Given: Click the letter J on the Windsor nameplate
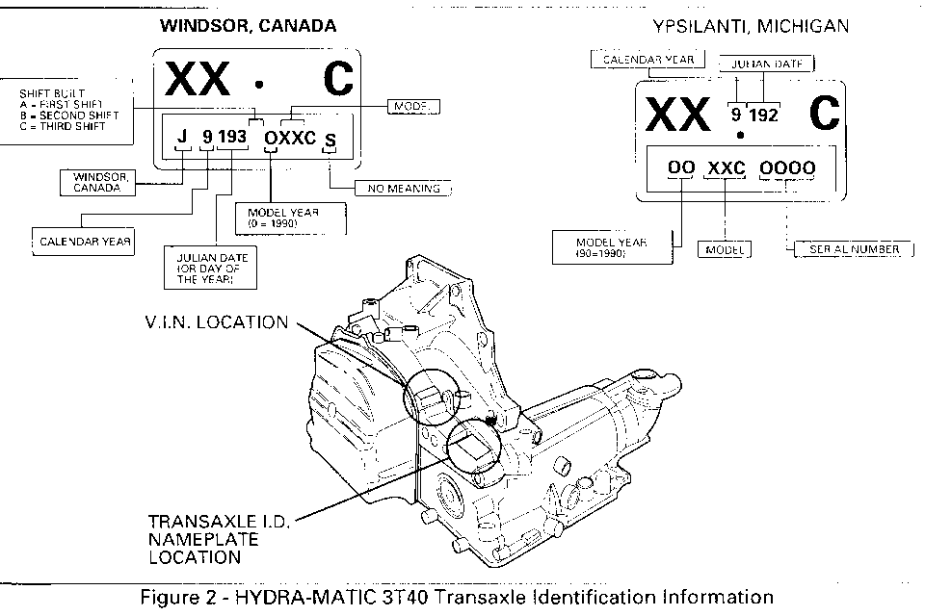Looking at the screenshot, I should (181, 138).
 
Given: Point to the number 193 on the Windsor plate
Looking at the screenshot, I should (232, 138).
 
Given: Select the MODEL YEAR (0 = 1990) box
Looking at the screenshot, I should (290, 218).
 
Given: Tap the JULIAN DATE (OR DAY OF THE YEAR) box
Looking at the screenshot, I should (211, 268).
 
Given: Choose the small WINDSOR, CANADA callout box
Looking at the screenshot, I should (97, 182).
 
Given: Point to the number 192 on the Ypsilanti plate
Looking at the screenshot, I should (762, 115).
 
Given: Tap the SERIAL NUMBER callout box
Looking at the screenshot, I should (847, 249).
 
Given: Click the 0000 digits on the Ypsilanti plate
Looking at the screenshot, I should (786, 168).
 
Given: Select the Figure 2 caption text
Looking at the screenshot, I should (457, 598).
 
